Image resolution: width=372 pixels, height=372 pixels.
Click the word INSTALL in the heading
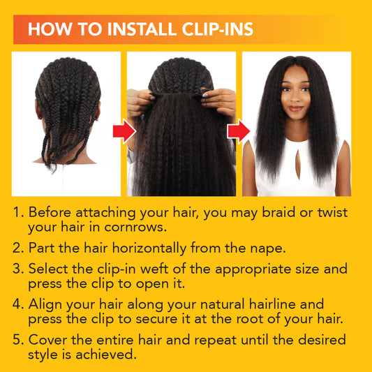[x=142, y=29]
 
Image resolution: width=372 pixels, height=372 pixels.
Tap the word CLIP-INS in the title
[x=218, y=29]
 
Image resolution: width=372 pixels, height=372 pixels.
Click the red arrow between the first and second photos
[x=124, y=131]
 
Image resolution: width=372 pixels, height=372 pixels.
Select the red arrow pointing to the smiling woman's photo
[x=239, y=131]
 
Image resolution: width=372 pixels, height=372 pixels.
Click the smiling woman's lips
[x=296, y=108]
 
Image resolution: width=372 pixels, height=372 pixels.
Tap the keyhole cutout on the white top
[x=298, y=164]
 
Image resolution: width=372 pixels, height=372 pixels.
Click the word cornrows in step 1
[x=135, y=228]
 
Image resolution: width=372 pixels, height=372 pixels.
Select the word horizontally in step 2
[x=149, y=248]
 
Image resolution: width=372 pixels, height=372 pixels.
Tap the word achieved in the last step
[x=106, y=355]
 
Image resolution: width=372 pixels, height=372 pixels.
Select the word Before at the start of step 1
[x=50, y=212]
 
